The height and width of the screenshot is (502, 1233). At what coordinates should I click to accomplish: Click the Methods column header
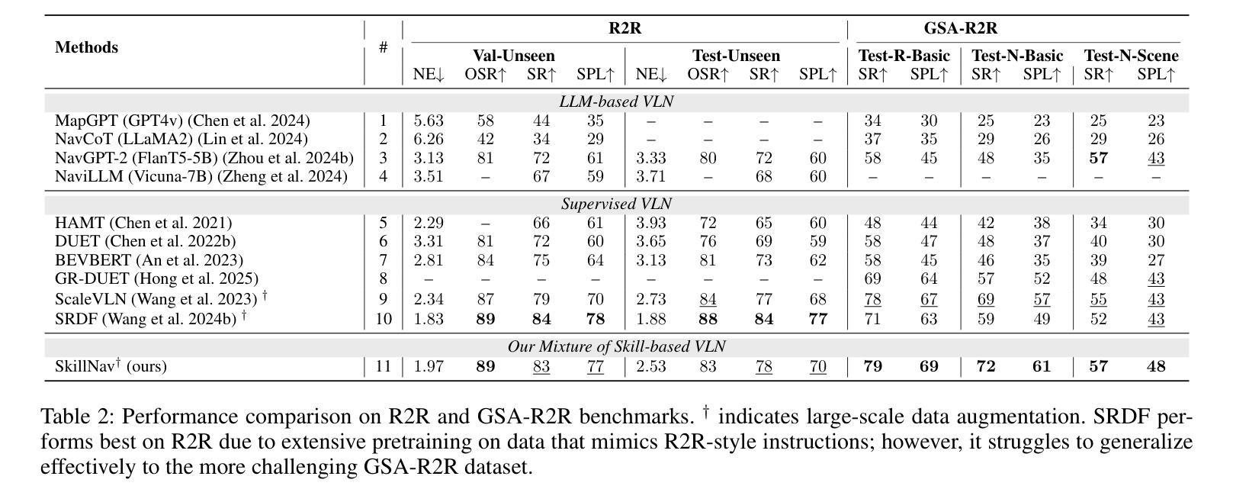[86, 47]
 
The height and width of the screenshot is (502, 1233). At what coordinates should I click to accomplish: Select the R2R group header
[625, 28]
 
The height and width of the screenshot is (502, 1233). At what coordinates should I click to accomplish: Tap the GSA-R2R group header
[961, 28]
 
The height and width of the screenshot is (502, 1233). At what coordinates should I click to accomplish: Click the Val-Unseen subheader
[514, 56]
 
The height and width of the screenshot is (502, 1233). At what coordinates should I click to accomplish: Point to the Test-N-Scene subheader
[1131, 56]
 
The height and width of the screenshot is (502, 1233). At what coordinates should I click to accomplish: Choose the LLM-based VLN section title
[616, 101]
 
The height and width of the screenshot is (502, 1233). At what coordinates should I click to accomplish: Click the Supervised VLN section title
[616, 204]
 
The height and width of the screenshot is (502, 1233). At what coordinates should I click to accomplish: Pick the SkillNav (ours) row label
[111, 366]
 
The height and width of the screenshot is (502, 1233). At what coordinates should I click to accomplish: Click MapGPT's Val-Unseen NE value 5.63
[429, 121]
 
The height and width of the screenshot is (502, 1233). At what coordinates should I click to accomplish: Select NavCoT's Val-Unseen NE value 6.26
[429, 140]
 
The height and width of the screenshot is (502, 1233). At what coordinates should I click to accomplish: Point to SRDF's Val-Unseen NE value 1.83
[429, 319]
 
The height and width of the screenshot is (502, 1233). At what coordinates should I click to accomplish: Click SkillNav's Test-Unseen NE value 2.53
[651, 367]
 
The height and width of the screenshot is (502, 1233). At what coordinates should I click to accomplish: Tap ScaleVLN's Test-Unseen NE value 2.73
[651, 299]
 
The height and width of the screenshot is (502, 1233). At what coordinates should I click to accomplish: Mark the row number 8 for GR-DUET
[383, 278]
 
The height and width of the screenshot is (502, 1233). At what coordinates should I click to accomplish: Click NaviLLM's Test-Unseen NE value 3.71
[651, 177]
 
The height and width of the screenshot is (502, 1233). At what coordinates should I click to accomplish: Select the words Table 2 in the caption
[76, 417]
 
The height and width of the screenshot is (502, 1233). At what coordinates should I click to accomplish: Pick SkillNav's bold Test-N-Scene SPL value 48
[1156, 367]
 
